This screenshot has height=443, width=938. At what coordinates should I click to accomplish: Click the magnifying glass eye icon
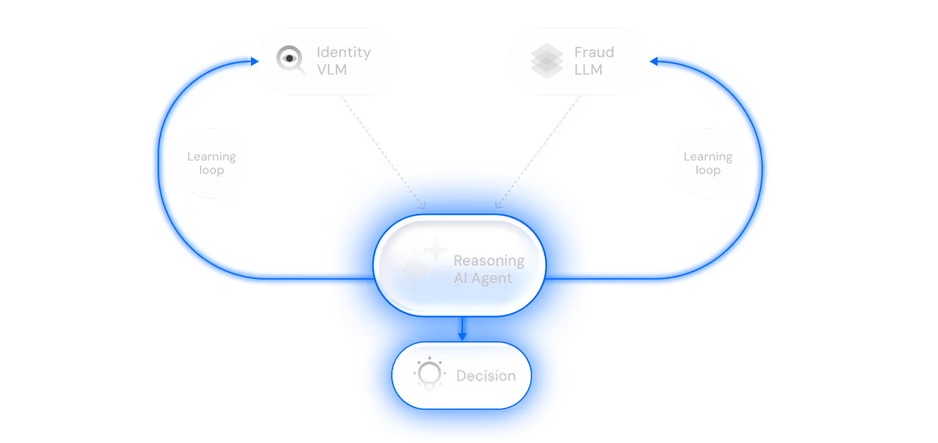[x=291, y=60]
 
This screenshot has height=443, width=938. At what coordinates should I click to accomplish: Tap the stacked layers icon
[x=547, y=61]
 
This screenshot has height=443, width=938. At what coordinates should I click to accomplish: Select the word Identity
[x=343, y=52]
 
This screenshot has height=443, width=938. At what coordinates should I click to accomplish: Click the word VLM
[x=331, y=69]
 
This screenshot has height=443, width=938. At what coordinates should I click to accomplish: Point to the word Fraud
[x=594, y=52]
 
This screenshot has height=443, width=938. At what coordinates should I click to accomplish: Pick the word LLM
[x=588, y=69]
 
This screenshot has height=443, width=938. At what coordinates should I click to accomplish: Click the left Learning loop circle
[x=211, y=163]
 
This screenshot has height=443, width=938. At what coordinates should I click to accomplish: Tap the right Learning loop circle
[x=708, y=163]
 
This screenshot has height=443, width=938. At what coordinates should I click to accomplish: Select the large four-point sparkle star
[x=414, y=268]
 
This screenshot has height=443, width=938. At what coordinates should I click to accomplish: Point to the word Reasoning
[x=488, y=261]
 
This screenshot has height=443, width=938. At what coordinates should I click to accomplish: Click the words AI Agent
[x=482, y=278]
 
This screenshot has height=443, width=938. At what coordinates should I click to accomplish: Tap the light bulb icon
[x=429, y=374]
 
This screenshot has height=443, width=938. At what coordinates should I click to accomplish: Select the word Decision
[x=486, y=376]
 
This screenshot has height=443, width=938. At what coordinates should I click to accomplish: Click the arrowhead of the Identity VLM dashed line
[x=422, y=205]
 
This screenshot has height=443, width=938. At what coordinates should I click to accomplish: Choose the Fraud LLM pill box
[x=579, y=61]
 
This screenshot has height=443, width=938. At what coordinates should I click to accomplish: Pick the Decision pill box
[x=461, y=375]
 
